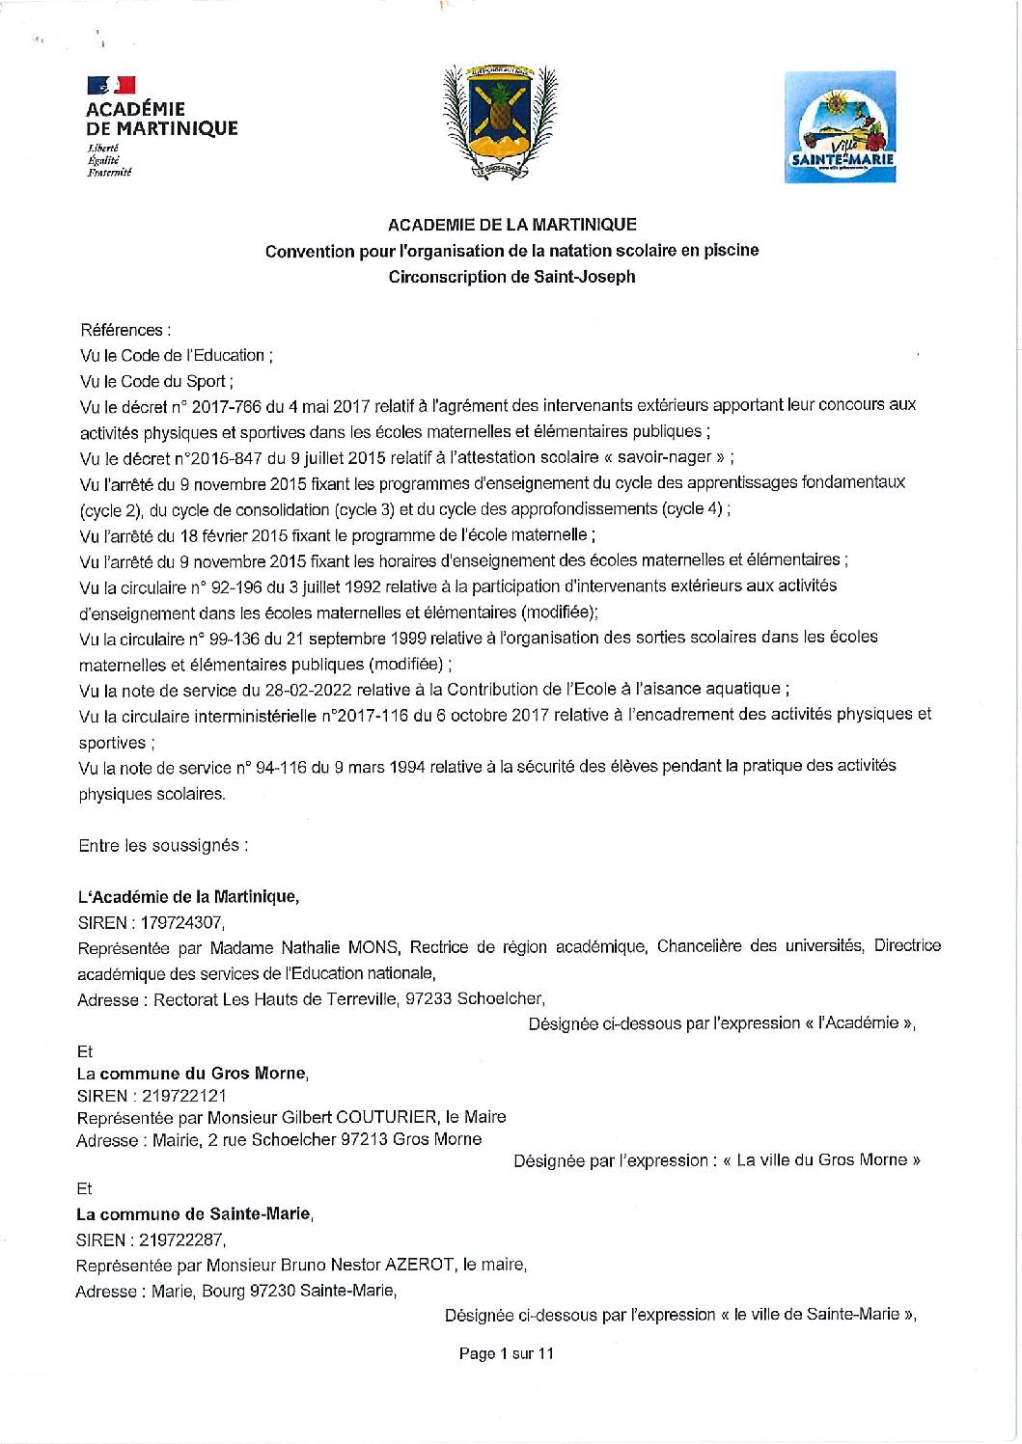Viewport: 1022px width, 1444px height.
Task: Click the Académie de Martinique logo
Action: click(160, 125)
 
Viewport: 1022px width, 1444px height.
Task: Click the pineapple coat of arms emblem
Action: click(500, 122)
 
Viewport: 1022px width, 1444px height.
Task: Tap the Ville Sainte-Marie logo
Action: click(840, 126)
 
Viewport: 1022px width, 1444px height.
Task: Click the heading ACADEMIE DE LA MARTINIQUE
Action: click(511, 225)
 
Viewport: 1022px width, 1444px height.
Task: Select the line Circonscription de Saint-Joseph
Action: click(511, 277)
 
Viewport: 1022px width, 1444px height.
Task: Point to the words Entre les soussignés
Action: click(163, 846)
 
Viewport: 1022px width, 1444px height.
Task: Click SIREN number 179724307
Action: click(182, 923)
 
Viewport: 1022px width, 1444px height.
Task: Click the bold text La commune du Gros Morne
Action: click(192, 1074)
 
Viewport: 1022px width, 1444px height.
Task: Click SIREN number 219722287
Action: click(182, 1240)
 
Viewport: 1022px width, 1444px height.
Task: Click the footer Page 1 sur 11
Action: click(507, 1354)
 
